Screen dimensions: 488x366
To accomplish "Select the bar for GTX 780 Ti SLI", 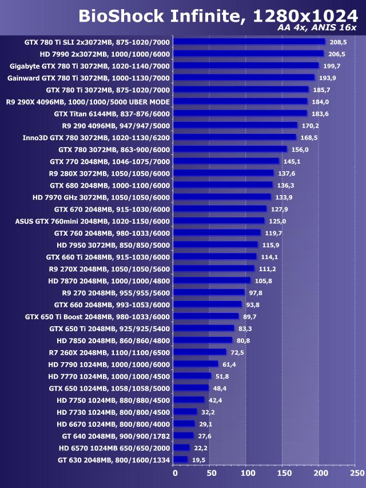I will [249, 42].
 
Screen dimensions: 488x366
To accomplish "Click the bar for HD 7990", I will [248, 54].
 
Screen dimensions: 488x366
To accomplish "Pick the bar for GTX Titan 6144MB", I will [240, 113].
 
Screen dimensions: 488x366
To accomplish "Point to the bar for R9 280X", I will [223, 173].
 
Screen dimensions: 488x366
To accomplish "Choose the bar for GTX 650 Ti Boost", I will [206, 316].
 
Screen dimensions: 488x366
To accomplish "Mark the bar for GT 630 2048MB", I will [180, 459].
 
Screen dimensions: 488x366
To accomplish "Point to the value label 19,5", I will [198, 459].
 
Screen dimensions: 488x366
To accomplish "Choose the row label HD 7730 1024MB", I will [113, 412].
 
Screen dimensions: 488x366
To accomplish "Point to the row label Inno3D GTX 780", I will [96, 137].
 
